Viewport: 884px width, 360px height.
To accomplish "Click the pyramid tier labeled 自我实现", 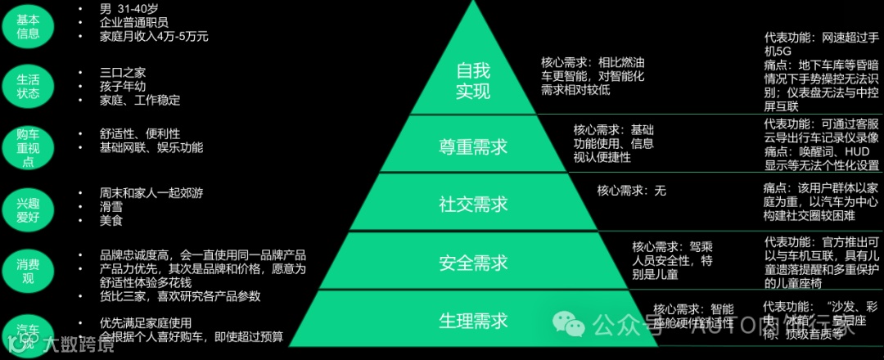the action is coord(472,80).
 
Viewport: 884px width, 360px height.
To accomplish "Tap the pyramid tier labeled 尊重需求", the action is coord(473,146).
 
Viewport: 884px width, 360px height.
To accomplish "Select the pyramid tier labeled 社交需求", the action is coord(473,203).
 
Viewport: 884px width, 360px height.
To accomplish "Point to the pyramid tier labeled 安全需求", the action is coord(473,262).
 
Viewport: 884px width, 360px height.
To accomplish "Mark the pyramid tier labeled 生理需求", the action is coord(473,319).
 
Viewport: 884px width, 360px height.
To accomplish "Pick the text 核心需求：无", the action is coord(631,191).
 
